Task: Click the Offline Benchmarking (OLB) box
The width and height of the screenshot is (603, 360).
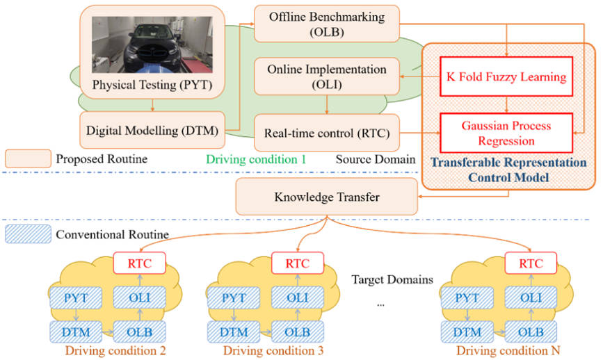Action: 325,23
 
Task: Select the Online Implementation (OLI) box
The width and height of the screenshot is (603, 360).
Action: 325,76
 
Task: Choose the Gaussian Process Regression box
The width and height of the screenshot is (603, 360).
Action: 506,133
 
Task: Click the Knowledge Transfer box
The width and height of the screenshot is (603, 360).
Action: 325,197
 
